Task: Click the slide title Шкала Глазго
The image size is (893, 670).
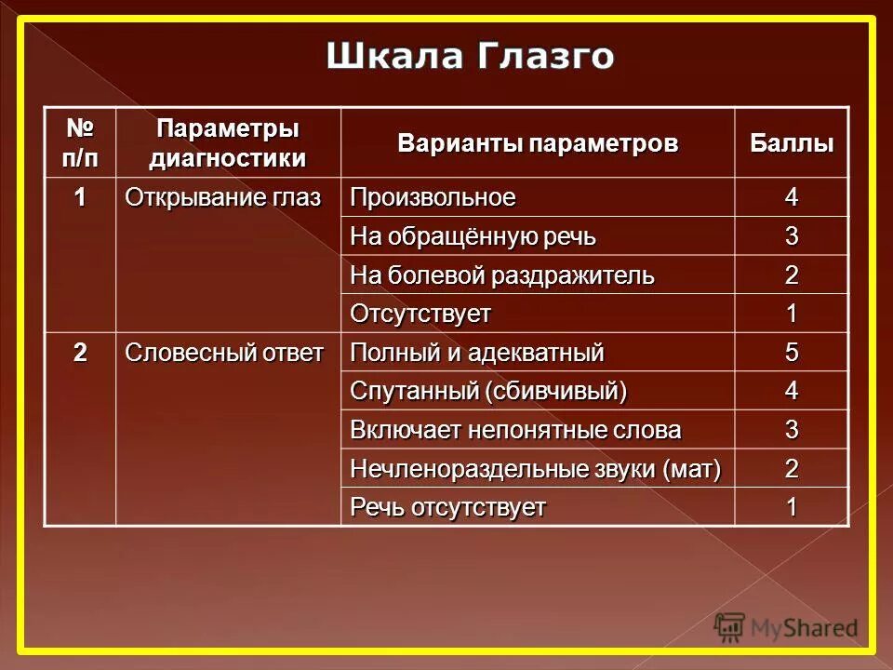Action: [x=470, y=56]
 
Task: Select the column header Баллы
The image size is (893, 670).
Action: [x=792, y=144]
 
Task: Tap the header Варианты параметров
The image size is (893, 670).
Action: [x=538, y=144]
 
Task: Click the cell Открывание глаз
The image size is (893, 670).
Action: [x=223, y=198]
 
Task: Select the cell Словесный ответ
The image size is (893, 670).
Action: [x=224, y=353]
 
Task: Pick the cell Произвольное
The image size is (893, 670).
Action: [x=433, y=198]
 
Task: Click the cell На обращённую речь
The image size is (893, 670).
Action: [x=473, y=237]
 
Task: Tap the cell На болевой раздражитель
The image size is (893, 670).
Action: [x=502, y=276]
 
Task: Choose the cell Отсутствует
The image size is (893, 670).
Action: [x=420, y=315]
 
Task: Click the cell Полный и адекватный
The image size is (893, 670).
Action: [x=477, y=354]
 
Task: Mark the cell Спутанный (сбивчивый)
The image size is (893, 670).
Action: [x=488, y=392]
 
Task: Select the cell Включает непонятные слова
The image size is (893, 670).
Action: [x=515, y=431]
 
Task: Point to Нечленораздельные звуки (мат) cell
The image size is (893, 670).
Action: [x=536, y=469]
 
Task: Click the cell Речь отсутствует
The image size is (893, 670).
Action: [x=447, y=508]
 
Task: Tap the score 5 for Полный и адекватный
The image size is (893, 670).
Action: [x=792, y=354]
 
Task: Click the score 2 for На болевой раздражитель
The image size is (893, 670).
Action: [x=792, y=276]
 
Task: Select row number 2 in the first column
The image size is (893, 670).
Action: [x=81, y=353]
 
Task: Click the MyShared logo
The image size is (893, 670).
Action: [x=786, y=628]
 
